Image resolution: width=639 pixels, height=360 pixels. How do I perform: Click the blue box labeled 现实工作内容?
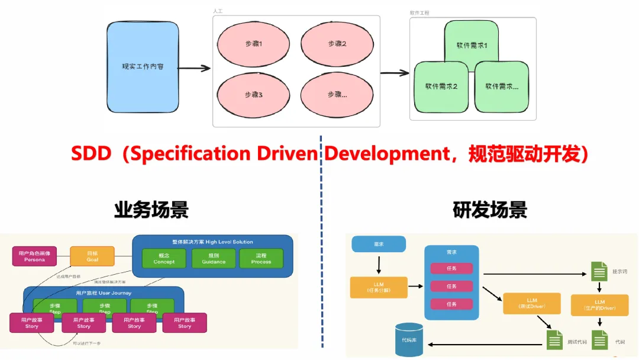(143, 66)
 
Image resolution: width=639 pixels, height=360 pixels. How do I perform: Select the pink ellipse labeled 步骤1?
(253, 44)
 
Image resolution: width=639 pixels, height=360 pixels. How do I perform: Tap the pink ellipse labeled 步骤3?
(253, 95)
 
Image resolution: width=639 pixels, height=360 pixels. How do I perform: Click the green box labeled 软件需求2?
(441, 86)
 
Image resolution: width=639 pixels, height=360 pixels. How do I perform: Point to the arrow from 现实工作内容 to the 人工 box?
(195, 69)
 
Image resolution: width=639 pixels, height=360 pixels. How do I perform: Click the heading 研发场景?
(489, 210)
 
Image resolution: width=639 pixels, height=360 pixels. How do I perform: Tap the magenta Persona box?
(34, 256)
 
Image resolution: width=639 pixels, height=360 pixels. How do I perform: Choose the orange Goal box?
(92, 256)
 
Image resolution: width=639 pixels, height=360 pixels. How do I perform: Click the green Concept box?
(164, 258)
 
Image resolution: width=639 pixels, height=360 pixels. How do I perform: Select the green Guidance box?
(213, 258)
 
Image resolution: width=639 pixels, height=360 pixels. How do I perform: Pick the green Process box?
(261, 258)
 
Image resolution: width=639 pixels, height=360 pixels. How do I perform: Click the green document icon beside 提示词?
(599, 272)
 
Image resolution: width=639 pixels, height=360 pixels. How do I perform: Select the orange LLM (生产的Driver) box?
(600, 306)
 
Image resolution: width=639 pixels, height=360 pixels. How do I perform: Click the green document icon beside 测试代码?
(554, 340)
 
